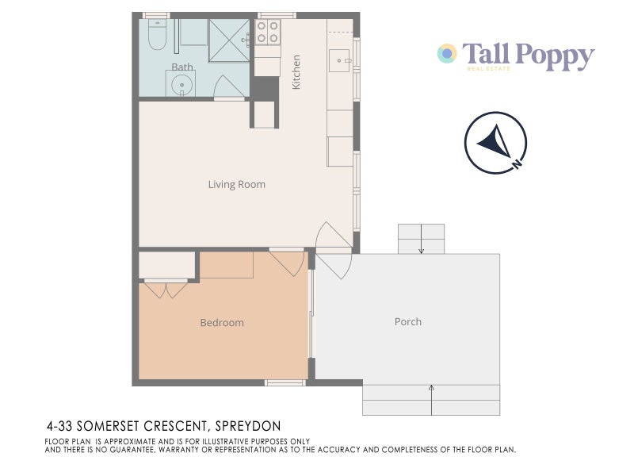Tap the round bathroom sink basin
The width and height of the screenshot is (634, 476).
point(181,84)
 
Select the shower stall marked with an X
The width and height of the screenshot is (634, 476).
point(229,40)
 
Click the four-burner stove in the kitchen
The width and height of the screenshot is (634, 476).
point(267,33)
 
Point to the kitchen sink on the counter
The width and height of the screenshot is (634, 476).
point(341,59)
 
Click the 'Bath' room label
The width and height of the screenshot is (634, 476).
point(181,67)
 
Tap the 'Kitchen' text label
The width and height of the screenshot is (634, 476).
point(296,71)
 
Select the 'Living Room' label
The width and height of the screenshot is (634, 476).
point(236,185)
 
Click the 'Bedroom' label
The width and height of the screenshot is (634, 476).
point(222,323)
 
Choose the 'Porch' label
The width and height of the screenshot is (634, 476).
point(408,321)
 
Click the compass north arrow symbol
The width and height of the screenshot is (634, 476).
point(494,143)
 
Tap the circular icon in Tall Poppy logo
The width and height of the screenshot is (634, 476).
point(447,54)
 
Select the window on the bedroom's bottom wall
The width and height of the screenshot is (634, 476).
point(284,382)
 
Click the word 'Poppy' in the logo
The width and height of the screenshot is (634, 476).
point(553,56)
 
